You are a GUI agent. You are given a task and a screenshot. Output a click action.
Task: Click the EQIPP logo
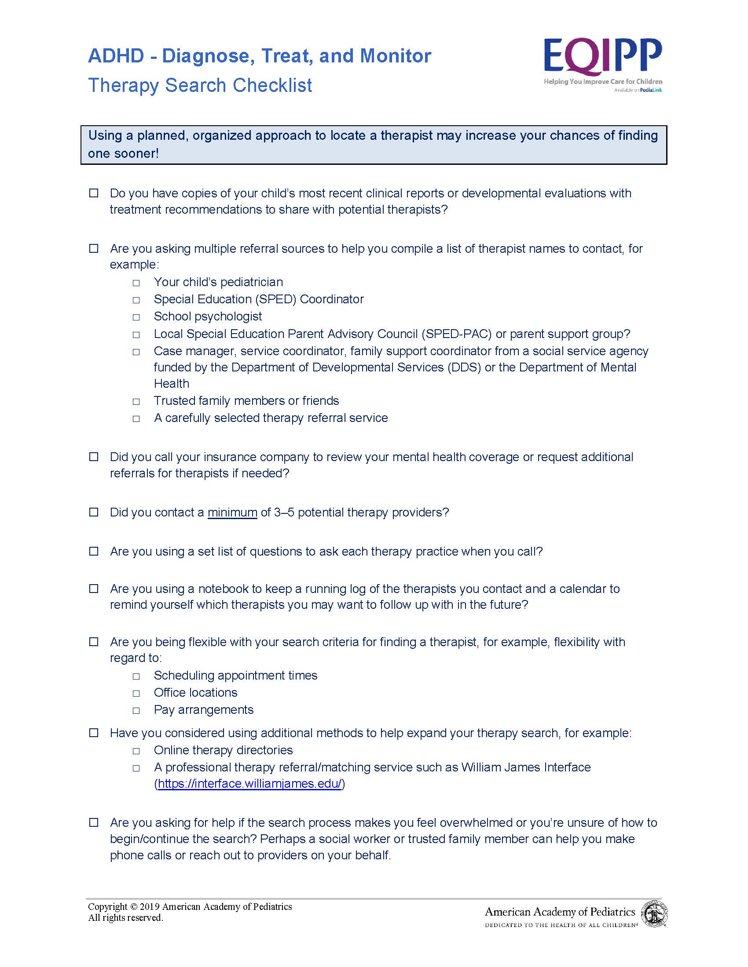pos(603,56)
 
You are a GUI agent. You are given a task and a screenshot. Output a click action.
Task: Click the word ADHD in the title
pos(116,56)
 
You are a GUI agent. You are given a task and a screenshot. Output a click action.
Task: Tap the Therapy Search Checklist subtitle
pos(200,85)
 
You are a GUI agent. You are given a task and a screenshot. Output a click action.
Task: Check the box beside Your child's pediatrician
pos(136,283)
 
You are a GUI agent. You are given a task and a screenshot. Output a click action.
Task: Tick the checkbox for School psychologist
pos(136,317)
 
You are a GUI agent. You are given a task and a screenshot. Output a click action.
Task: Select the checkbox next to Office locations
pos(136,693)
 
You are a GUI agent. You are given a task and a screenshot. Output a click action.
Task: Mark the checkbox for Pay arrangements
pos(136,711)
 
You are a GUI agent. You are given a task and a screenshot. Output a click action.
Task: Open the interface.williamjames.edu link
pos(249,784)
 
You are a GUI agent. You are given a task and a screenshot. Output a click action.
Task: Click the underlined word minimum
pos(232,513)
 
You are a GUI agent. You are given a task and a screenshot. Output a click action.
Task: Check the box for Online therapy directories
pos(136,751)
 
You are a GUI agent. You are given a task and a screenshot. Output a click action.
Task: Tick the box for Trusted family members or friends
pos(136,402)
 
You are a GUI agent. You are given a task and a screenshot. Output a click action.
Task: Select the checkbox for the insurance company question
pos(94,457)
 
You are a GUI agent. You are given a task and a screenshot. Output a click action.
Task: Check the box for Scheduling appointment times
pos(136,676)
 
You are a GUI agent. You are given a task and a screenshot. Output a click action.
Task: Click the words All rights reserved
pos(125,918)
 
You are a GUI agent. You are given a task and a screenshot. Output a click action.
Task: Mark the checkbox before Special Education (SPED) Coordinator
pos(136,300)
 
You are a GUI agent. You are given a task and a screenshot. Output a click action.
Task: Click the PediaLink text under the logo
pos(651,90)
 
